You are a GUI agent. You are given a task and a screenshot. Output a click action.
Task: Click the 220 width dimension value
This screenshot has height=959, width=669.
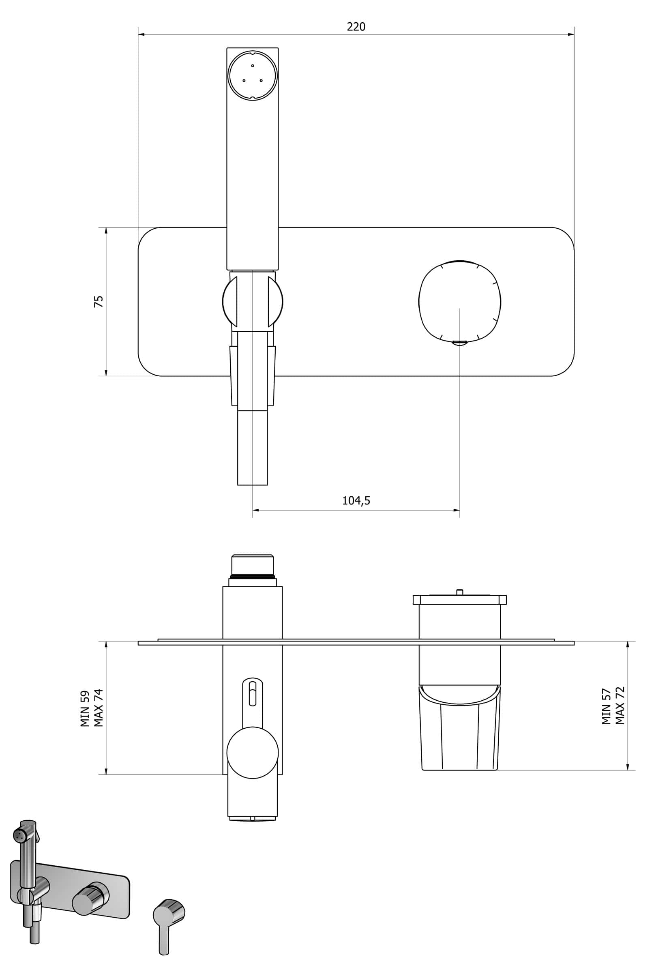(356, 27)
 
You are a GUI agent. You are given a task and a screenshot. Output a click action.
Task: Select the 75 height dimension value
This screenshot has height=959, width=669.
(99, 301)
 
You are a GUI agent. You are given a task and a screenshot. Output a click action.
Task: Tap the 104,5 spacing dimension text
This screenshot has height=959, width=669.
(356, 500)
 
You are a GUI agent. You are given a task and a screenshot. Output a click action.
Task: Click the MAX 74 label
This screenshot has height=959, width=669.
(99, 708)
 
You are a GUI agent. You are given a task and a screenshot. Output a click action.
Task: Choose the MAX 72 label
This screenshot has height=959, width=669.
(620, 706)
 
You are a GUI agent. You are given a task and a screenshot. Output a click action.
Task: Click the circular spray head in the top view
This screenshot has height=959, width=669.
(252, 75)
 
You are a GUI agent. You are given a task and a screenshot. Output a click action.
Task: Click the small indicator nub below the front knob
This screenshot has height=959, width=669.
(460, 343)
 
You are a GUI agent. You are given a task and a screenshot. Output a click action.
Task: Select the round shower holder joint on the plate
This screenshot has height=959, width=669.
(252, 301)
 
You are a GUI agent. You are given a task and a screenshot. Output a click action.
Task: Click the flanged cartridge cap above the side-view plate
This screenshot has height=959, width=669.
(459, 600)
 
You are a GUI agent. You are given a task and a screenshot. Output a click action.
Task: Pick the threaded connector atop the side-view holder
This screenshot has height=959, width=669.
(252, 565)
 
